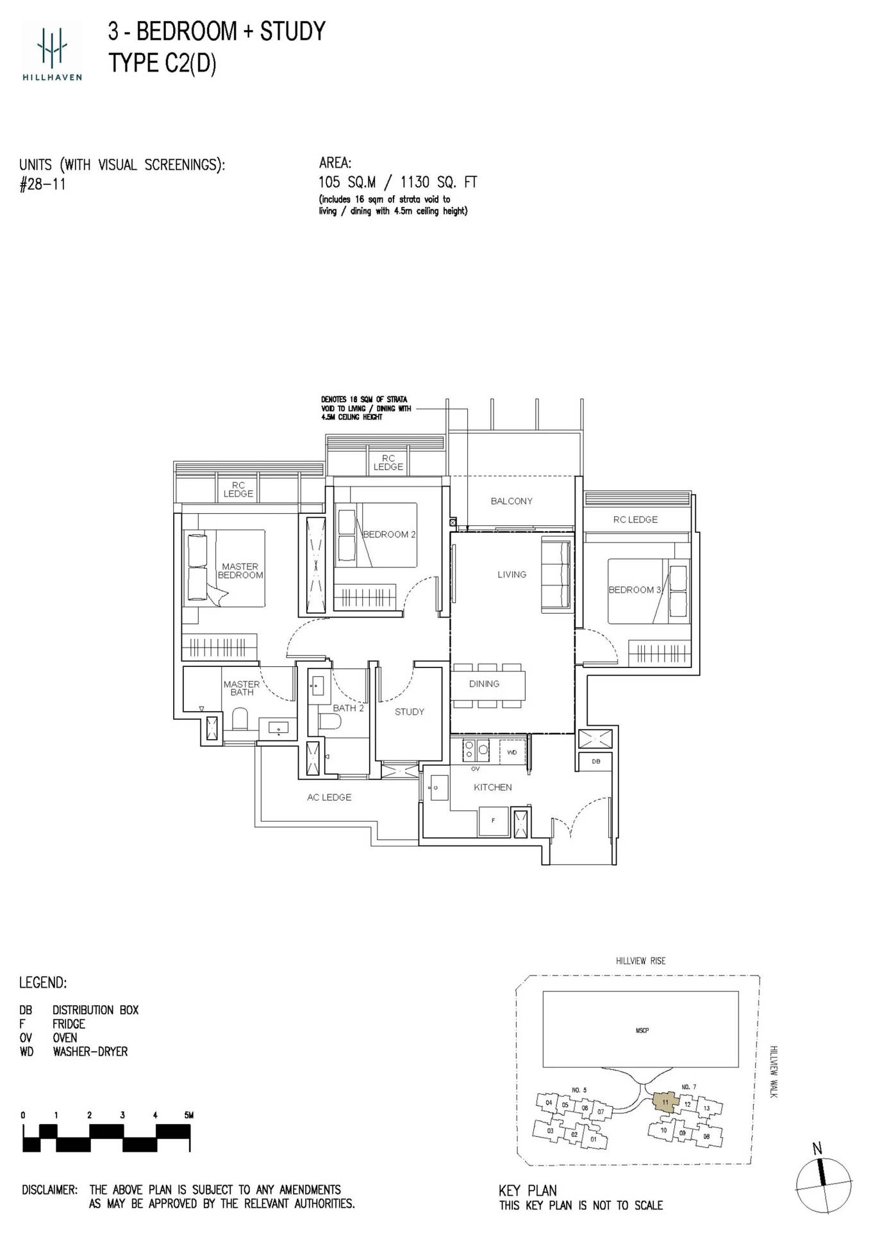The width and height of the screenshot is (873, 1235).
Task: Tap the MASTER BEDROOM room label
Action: pos(240,571)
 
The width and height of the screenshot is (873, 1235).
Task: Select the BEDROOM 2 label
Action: pos(389,534)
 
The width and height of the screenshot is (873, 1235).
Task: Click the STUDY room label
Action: pos(409,712)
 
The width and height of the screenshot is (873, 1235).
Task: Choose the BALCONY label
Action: pos(511,501)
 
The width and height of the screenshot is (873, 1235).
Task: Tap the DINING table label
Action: pos(484,683)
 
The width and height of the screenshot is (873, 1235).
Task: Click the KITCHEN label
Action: pos(492,787)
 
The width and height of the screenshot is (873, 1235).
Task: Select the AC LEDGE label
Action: pos(329,797)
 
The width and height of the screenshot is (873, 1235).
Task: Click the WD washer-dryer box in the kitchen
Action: pos(511,752)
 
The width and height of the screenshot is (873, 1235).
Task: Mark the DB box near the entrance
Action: pos(596,762)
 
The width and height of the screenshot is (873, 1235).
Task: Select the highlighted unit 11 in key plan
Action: pos(665,1102)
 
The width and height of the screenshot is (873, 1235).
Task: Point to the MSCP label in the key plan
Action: pos(642,1031)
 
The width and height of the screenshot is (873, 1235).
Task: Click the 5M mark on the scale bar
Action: pos(188,1115)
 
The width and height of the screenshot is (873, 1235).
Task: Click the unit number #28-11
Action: pos(43,185)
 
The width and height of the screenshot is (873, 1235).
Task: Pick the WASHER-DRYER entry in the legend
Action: pos(90,1052)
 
